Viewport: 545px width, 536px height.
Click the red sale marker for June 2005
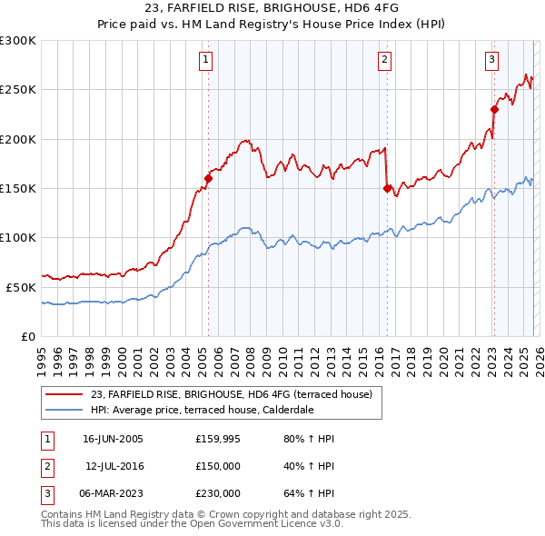point(208,179)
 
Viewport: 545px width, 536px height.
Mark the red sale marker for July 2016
point(387,189)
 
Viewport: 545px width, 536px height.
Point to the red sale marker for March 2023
point(495,110)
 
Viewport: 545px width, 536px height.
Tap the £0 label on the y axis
point(28,336)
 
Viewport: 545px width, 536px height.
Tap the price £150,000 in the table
point(218,467)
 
